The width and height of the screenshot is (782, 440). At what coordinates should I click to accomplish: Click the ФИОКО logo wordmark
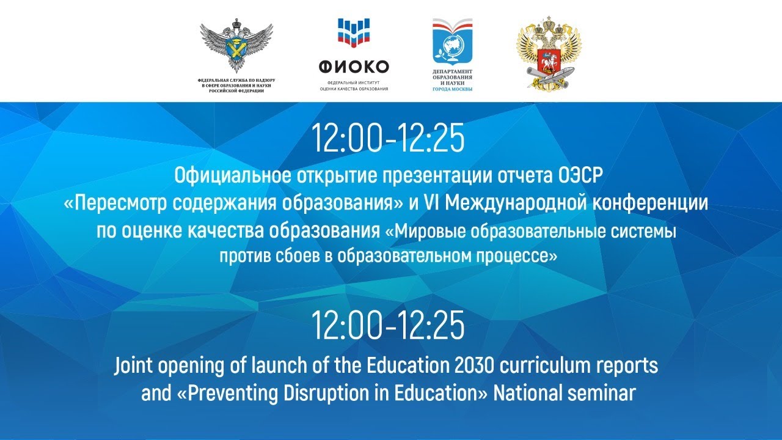click(x=354, y=67)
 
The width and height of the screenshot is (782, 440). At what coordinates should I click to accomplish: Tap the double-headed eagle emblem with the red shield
click(x=549, y=53)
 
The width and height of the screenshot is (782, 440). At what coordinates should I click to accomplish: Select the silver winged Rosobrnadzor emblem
click(x=236, y=45)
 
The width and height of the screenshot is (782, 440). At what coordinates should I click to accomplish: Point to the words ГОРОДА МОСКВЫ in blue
click(x=453, y=89)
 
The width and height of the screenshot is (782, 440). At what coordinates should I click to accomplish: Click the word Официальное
click(x=233, y=176)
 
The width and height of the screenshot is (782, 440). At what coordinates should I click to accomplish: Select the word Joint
click(x=133, y=366)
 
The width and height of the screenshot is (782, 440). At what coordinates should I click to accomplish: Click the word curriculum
click(x=545, y=365)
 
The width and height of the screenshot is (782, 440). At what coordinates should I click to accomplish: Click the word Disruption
click(x=326, y=394)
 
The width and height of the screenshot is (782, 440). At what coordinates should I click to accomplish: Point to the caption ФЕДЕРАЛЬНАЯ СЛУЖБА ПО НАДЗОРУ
click(x=236, y=80)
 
